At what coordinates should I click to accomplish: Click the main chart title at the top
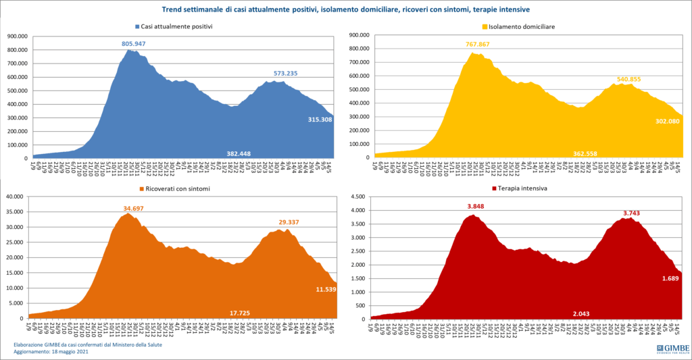tap(345, 9)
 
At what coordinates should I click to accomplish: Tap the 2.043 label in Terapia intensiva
tap(583, 314)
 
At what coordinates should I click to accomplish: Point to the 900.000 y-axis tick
tap(16, 36)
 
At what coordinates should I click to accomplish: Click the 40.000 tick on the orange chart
tap(15, 197)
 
